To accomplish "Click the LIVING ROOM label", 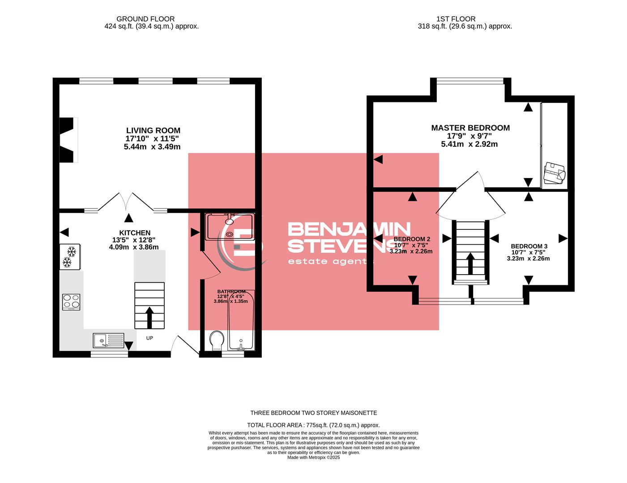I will [x=153, y=131].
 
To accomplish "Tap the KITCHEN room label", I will [x=135, y=233].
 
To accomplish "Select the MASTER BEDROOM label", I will [x=470, y=128].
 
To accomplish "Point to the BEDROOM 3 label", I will [x=529, y=246].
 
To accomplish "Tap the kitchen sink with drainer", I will [x=108, y=341].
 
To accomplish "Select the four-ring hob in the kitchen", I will [x=71, y=302].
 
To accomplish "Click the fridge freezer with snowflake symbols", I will [x=70, y=257].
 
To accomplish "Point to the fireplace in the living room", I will [x=68, y=140].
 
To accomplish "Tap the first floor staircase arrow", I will [x=470, y=263].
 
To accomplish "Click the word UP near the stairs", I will [x=149, y=338].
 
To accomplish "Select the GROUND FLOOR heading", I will [x=145, y=19].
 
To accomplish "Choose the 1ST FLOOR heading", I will [x=456, y=19].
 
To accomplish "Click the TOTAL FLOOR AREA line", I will [x=313, y=425].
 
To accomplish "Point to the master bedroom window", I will [x=470, y=81].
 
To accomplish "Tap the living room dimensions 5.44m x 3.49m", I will [x=152, y=147].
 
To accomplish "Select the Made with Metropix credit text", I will [x=313, y=458].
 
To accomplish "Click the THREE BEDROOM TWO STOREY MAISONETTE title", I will [x=313, y=413].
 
